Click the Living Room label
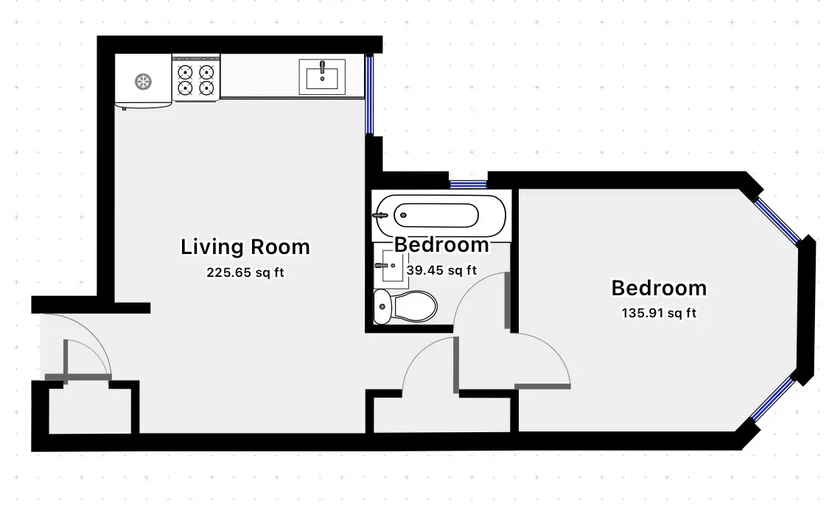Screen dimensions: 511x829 click(245, 247)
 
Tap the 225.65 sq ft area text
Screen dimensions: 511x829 click(245, 272)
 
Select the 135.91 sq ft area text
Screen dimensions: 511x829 click(659, 313)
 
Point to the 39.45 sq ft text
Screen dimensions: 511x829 click(442, 270)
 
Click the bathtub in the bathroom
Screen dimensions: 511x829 click(440, 215)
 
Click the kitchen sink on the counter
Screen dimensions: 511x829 click(322, 76)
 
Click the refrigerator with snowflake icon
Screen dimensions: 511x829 click(143, 80)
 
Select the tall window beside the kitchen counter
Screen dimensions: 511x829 click(371, 94)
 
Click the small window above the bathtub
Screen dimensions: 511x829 click(468, 184)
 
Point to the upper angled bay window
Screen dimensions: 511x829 click(779, 217)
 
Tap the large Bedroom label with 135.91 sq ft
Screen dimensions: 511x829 click(659, 288)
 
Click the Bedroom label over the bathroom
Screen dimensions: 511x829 click(441, 244)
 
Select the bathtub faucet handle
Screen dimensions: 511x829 click(381, 215)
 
